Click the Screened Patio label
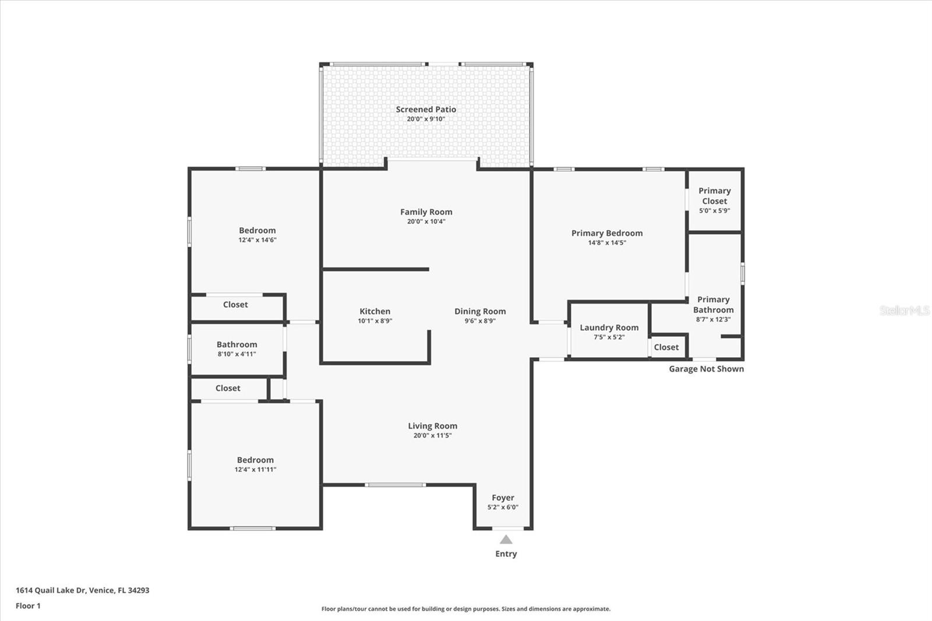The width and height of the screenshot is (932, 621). click(426, 110)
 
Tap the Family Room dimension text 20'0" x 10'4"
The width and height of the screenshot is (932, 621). click(426, 221)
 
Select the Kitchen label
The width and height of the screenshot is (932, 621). click(375, 312)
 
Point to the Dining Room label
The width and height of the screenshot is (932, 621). click(480, 312)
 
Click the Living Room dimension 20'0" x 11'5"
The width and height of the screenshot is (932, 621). click(432, 436)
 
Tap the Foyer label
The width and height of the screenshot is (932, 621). click(503, 498)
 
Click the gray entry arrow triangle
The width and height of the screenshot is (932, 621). click(506, 539)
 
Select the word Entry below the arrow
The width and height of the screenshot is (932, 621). click(506, 554)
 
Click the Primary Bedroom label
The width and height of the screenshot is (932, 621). click(607, 233)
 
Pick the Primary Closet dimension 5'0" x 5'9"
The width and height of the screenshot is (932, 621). click(714, 211)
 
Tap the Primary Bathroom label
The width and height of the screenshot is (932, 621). click(713, 305)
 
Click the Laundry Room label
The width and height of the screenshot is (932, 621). click(609, 328)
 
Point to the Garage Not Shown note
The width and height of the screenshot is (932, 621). click(706, 369)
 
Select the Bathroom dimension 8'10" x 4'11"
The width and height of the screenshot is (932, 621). click(236, 354)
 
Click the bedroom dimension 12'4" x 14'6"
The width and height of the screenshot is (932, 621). click(257, 240)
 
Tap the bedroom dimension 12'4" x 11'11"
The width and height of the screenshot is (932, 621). click(255, 470)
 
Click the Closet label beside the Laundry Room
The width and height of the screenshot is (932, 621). click(666, 347)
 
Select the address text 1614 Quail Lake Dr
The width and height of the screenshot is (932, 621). click(51, 590)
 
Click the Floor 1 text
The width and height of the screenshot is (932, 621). click(28, 606)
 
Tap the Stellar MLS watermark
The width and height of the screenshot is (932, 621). click(904, 310)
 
